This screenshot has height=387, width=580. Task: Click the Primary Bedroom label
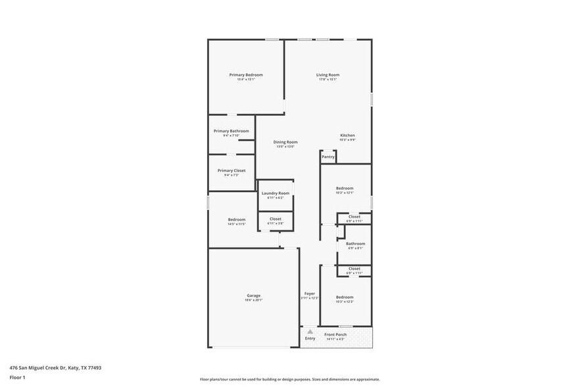(x=246, y=75)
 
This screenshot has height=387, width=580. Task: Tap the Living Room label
(x=327, y=75)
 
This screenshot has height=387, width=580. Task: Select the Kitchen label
(x=347, y=136)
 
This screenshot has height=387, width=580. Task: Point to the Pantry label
(x=328, y=157)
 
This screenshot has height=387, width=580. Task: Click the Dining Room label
(x=285, y=142)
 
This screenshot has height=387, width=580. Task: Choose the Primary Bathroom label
(x=230, y=131)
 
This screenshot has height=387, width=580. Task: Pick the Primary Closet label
(x=231, y=170)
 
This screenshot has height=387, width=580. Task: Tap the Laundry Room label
(x=275, y=193)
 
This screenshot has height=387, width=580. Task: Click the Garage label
(x=254, y=296)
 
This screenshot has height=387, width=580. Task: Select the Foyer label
(x=310, y=294)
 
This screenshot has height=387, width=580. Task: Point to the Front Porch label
(x=335, y=334)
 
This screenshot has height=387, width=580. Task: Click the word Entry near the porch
(x=310, y=338)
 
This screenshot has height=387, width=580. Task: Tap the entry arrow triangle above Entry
(x=310, y=331)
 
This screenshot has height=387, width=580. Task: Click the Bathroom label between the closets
(x=355, y=244)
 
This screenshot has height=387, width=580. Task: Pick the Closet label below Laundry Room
(x=275, y=219)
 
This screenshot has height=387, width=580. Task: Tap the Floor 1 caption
(x=17, y=377)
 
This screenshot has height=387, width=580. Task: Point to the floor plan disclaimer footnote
(x=289, y=379)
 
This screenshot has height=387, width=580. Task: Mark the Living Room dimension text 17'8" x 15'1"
(x=327, y=80)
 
